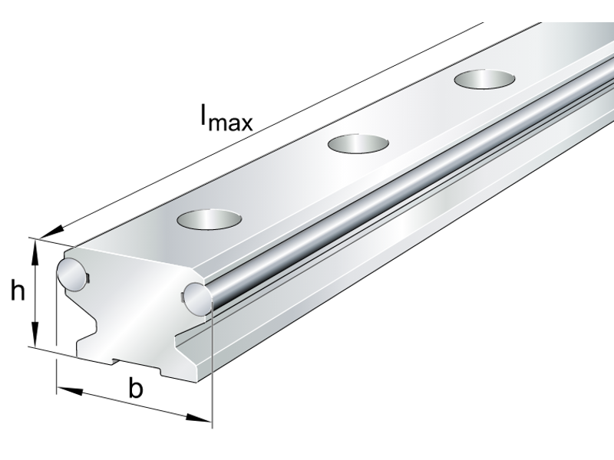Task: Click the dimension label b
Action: coord(136,389)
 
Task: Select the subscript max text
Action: coord(230,123)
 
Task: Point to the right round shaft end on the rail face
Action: coord(196,298)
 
